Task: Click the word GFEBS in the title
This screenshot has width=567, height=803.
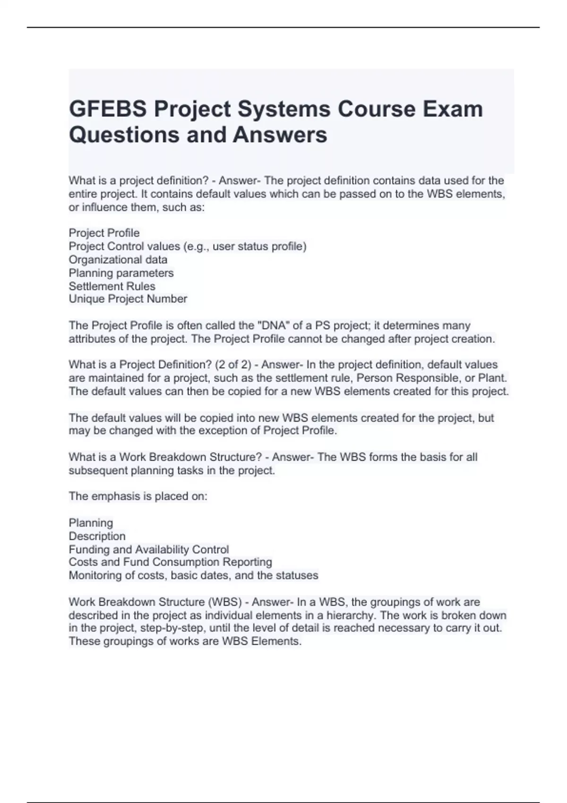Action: pyautogui.click(x=107, y=109)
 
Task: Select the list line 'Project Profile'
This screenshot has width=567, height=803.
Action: pyautogui.click(x=104, y=233)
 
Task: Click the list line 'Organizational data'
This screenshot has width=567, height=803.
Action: pyautogui.click(x=118, y=259)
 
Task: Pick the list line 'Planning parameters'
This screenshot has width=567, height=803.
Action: pyautogui.click(x=121, y=273)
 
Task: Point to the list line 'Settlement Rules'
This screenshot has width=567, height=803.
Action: pyautogui.click(x=112, y=286)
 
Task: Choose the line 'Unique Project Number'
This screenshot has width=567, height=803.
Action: pyautogui.click(x=128, y=299)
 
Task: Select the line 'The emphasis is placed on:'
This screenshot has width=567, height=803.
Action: pyautogui.click(x=137, y=496)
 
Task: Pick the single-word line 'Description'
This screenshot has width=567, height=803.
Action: pyautogui.click(x=97, y=536)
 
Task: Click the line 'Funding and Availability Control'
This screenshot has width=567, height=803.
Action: pyautogui.click(x=148, y=549)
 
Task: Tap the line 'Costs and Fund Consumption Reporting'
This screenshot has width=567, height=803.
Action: pyautogui.click(x=170, y=562)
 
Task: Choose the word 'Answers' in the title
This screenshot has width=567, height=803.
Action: pyautogui.click(x=280, y=135)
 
